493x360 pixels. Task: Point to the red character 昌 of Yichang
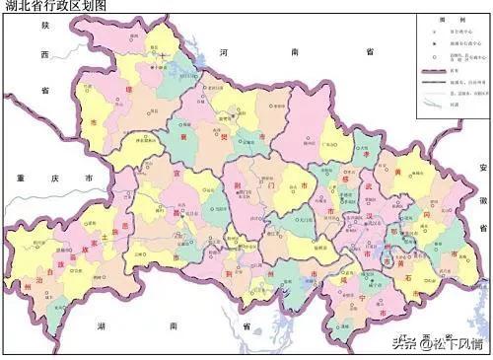(150, 209)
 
